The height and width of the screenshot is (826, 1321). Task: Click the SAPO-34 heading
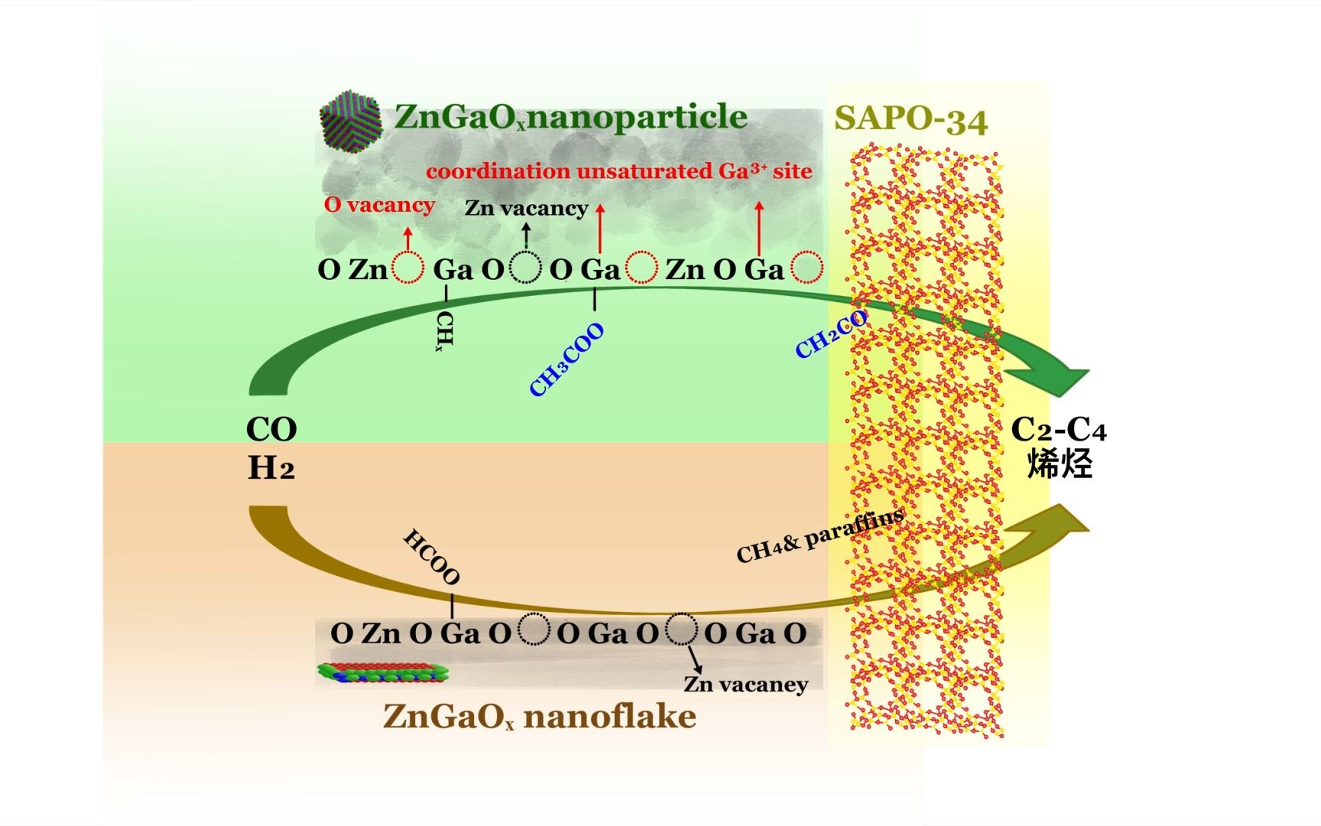click(910, 120)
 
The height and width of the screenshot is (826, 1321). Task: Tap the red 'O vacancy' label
click(379, 205)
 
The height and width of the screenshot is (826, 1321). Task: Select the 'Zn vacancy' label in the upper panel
click(526, 208)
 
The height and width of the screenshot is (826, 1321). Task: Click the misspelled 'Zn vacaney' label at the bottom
click(745, 684)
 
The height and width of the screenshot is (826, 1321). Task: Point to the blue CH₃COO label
click(566, 359)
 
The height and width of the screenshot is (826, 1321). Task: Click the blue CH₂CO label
click(831, 335)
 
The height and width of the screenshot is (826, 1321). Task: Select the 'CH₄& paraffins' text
click(820, 535)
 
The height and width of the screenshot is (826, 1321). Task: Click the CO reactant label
click(271, 429)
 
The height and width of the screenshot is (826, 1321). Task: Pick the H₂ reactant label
click(271, 467)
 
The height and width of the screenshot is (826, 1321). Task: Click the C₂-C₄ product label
click(1058, 430)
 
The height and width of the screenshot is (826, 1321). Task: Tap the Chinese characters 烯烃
click(1059, 463)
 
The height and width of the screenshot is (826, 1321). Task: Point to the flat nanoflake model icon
click(382, 672)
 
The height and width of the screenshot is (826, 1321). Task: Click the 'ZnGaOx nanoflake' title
click(539, 717)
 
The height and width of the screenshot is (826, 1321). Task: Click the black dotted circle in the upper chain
click(526, 268)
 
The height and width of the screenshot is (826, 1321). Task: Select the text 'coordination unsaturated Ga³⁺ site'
click(618, 171)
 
